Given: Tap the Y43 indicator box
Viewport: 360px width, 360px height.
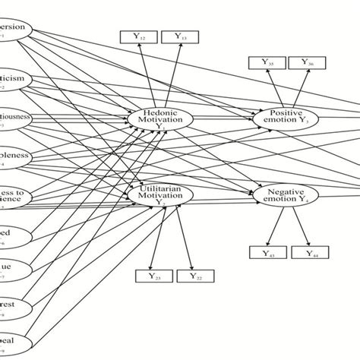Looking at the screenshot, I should click(x=270, y=254).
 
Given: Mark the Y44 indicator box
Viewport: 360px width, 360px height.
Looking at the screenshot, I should click(x=311, y=254).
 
